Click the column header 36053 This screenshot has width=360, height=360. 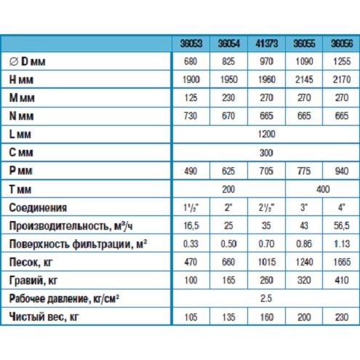point(191,44)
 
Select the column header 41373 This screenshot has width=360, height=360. point(267,44)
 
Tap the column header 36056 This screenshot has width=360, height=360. point(342,44)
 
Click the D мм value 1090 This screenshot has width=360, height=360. point(304,61)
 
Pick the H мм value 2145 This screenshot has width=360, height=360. point(304,79)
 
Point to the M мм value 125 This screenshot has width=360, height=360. point(191,97)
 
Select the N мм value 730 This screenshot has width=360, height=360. point(191,116)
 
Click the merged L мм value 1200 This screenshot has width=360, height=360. point(266,134)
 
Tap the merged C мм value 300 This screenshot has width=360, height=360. point(266,153)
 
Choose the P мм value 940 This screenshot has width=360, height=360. point(342,171)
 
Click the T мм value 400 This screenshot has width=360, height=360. point(323,189)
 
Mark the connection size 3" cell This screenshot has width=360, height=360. point(304,207)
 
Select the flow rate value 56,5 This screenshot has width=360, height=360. point(342,225)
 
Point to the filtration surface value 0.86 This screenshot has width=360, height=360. point(304,244)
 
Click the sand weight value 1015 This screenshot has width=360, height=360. point(267,262)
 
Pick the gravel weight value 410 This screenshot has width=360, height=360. point(342,280)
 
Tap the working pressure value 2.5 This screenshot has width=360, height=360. point(266,298)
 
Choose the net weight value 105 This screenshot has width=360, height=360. point(191,317)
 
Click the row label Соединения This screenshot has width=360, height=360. point(38,208)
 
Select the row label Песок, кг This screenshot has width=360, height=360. point(31,263)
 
